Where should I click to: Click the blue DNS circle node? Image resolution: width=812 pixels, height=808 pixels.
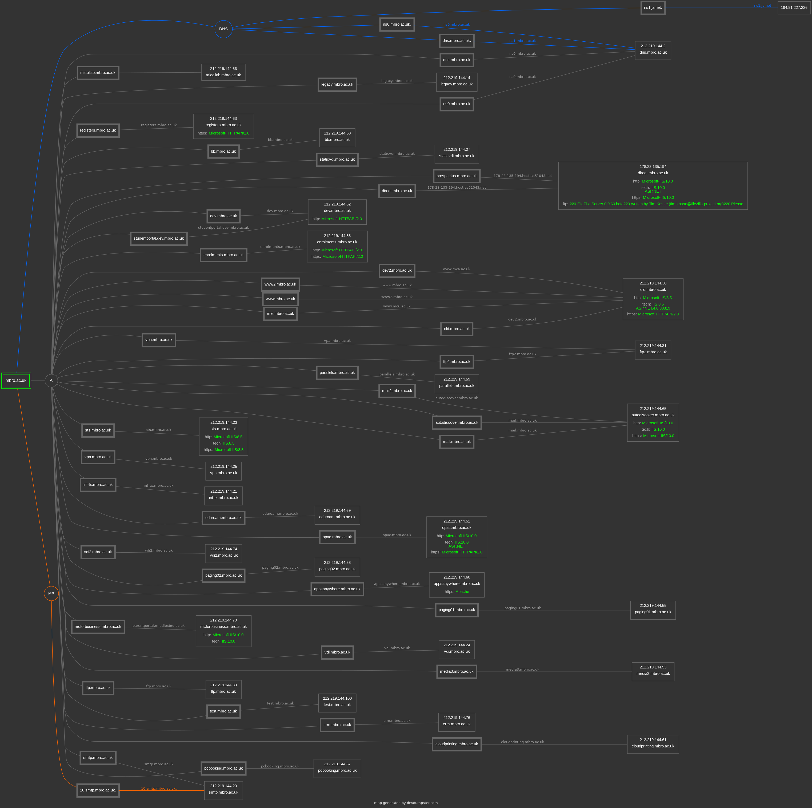coord(223,29)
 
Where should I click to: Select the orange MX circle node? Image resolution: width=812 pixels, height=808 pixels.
coord(51,593)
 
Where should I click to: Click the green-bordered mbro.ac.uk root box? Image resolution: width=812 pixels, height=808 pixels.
coord(16,381)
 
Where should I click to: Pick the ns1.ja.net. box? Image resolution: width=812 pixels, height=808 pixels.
coord(653,7)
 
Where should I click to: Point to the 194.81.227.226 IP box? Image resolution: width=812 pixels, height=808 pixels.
coord(794,7)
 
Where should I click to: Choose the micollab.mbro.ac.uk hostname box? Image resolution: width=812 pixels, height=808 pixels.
coord(98,73)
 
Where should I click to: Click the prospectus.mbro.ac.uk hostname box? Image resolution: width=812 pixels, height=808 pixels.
coord(457,176)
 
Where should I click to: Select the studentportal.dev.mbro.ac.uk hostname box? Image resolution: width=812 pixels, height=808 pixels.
coord(159,239)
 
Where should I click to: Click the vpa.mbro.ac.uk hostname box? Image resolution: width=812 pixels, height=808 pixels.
coord(159,340)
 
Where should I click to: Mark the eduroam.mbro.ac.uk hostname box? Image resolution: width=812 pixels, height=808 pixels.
coord(223,518)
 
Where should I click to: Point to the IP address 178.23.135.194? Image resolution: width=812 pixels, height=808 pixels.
coord(653,167)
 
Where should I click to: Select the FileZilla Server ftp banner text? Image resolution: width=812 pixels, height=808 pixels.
coord(656,204)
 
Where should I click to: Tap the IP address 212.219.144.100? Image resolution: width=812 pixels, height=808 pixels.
coord(337,698)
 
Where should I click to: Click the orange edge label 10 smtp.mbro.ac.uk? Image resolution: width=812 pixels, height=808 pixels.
coord(159,788)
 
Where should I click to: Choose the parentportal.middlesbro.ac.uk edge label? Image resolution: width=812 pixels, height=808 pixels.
coord(158,625)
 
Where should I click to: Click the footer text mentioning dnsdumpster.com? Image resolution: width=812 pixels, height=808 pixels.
coord(406,803)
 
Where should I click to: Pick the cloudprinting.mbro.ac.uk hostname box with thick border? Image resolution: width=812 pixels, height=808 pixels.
coord(457,744)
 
